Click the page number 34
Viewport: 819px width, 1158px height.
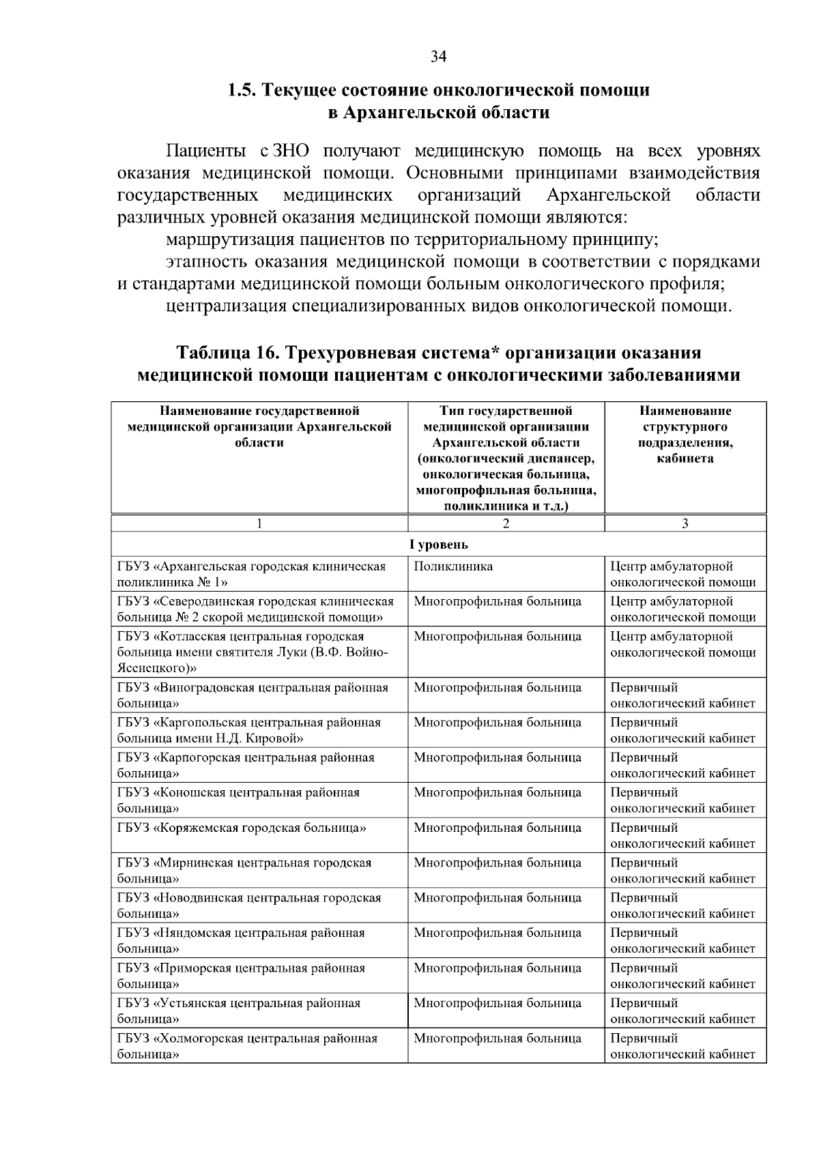click(x=438, y=57)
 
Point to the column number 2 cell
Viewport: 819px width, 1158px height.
click(x=506, y=523)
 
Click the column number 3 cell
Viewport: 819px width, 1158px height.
click(x=685, y=523)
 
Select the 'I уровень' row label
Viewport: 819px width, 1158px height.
click(x=438, y=545)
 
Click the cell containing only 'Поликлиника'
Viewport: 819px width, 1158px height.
click(x=453, y=566)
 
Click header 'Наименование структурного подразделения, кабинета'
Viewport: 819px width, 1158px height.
click(x=685, y=435)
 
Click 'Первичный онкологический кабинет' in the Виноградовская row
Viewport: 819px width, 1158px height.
click(x=682, y=695)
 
